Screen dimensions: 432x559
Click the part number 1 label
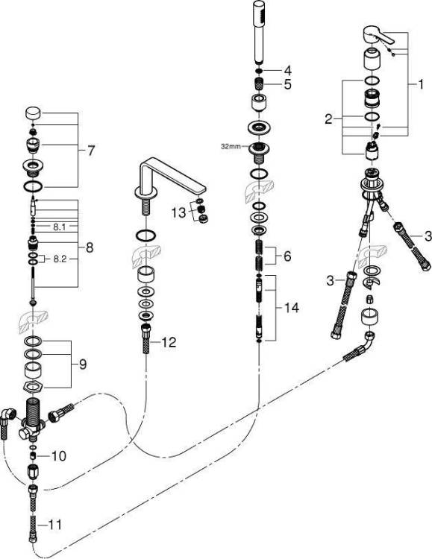click(x=421, y=84)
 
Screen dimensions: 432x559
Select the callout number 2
click(x=328, y=119)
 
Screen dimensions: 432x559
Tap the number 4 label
click(x=287, y=70)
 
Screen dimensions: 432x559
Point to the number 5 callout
click(x=287, y=84)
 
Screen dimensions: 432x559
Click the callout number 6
click(x=287, y=256)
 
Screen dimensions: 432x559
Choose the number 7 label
click(x=91, y=151)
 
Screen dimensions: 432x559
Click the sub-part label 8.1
click(x=59, y=227)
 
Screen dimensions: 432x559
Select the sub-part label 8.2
click(x=60, y=259)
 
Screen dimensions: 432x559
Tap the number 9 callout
click(x=83, y=364)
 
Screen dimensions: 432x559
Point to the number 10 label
click(x=58, y=455)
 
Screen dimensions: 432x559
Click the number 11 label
click(x=54, y=525)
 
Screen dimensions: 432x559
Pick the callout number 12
click(x=169, y=342)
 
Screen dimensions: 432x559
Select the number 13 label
click(x=179, y=213)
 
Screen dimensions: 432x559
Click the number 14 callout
click(x=291, y=307)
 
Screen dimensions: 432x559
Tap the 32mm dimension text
click(x=231, y=146)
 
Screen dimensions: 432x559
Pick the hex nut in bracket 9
click(x=34, y=386)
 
